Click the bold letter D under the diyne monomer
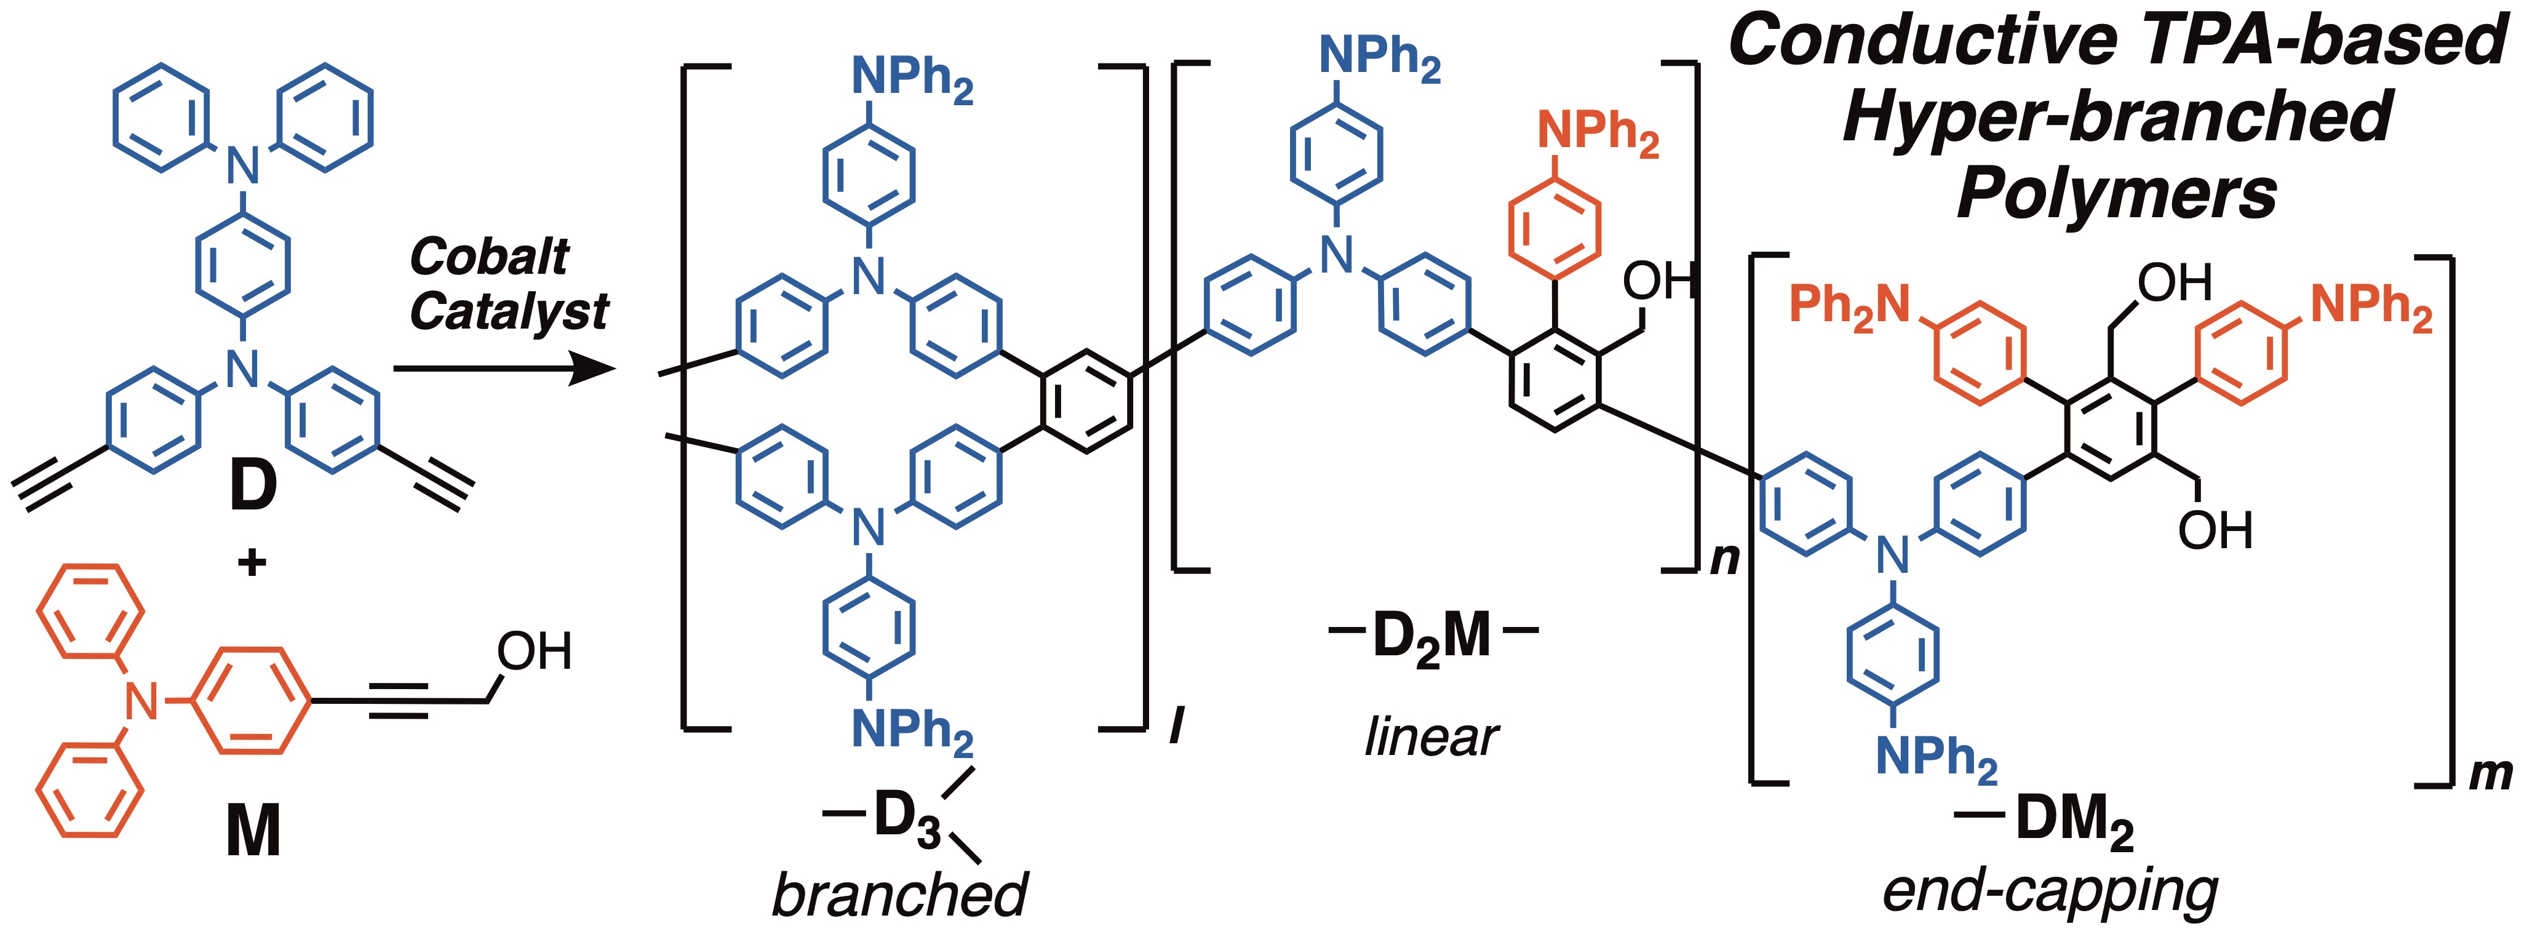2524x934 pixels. pos(253,487)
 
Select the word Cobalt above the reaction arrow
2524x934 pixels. pos(490,257)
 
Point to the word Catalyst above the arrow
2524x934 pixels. pos(509,313)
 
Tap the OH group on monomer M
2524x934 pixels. pos(534,651)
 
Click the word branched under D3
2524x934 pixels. pos(899,894)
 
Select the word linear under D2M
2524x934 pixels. pos(1431,736)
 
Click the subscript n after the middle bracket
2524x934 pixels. pos(1724,559)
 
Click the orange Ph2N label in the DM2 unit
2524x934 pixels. pos(1850,305)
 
